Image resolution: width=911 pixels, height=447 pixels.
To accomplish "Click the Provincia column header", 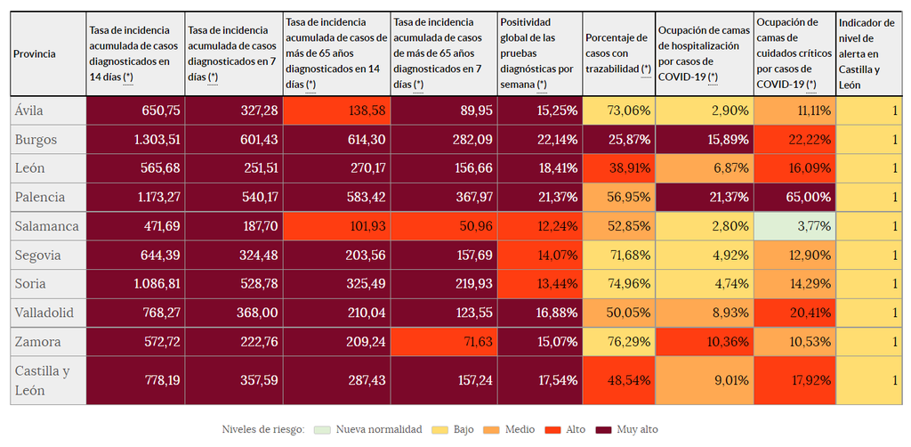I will (35, 54).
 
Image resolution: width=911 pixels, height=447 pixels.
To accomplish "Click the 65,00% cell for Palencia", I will (794, 197).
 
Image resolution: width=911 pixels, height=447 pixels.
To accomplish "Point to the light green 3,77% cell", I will (794, 226).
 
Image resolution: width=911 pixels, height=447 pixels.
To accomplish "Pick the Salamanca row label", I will (47, 226).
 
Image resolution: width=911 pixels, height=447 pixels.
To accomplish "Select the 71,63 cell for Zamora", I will (444, 342).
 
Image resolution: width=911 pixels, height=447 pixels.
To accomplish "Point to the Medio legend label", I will (520, 429).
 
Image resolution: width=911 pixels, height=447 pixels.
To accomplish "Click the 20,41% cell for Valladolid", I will (794, 313).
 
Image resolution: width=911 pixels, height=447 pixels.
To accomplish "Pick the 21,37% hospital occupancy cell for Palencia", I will (704, 197).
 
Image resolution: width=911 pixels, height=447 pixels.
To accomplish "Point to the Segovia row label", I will (39, 256).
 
